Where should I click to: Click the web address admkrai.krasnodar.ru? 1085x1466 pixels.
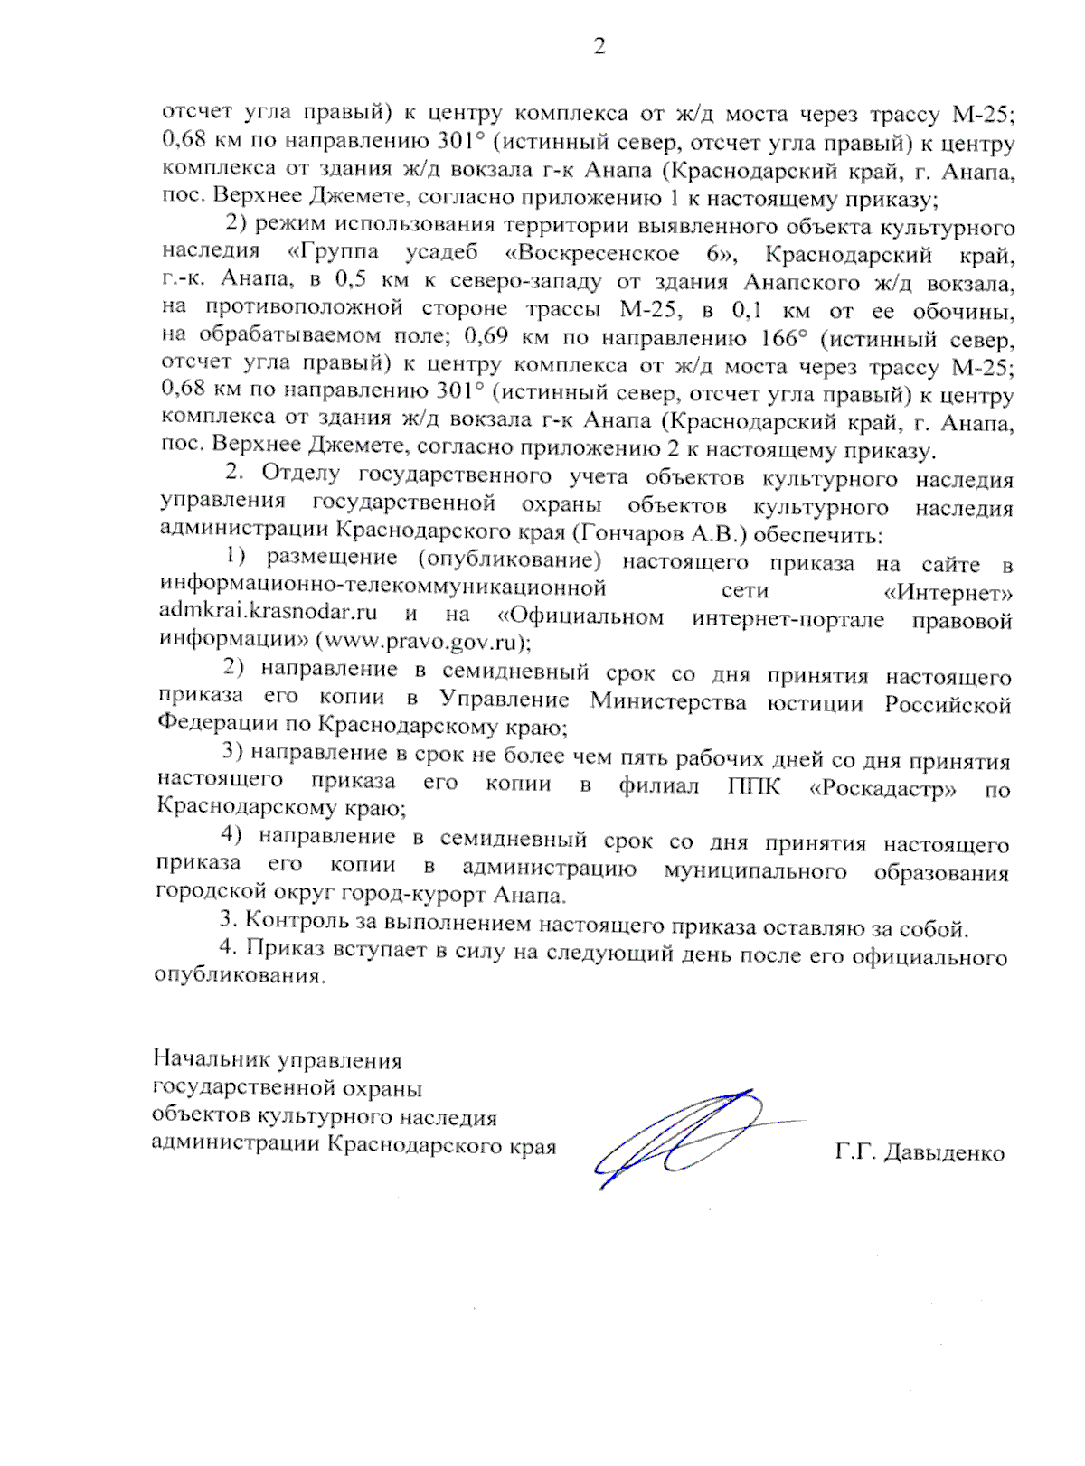tap(268, 612)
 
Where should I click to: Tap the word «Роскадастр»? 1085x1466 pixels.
tap(883, 788)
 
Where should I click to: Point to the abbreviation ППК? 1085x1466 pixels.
tap(753, 786)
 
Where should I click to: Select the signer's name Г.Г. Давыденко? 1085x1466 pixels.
tap(920, 1153)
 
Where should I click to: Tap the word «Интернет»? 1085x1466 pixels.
tap(947, 594)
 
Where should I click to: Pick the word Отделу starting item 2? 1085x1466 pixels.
tap(300, 473)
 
